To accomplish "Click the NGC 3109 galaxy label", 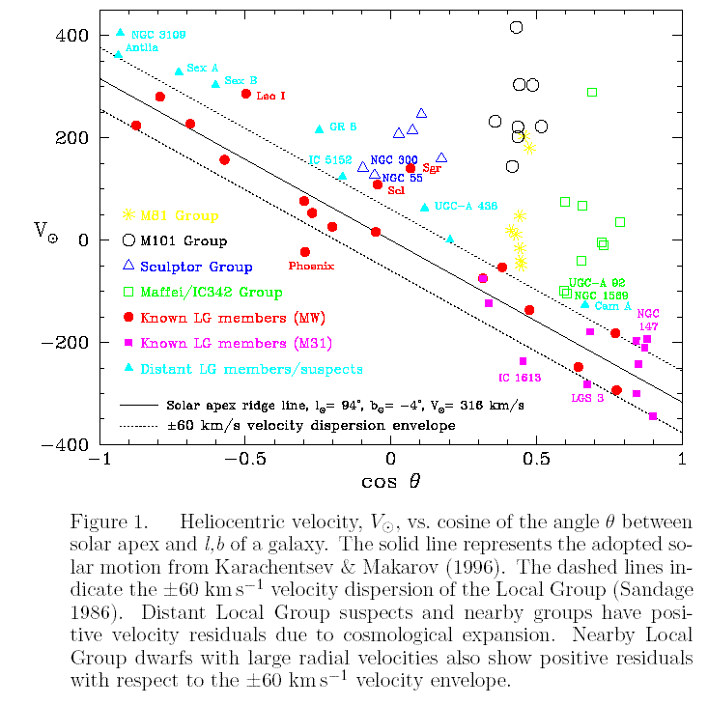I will [x=158, y=35].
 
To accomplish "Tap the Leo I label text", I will [x=270, y=96].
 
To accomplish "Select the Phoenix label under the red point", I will [x=311, y=265].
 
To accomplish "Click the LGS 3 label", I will [x=589, y=397].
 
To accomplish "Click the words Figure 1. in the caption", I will [x=108, y=522].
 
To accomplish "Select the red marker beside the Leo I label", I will [x=246, y=94].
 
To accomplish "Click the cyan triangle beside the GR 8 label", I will [x=319, y=129].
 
